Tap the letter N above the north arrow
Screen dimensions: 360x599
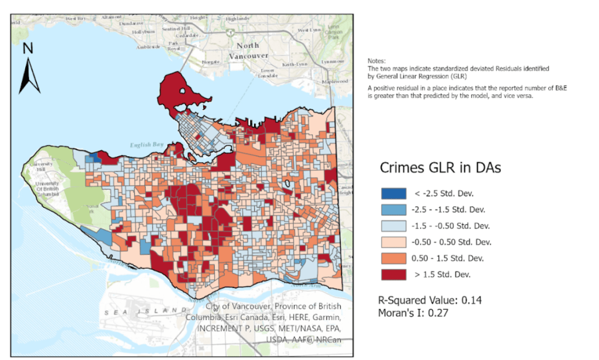point(28,49)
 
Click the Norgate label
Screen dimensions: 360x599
point(210,61)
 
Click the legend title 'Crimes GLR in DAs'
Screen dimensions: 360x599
point(440,167)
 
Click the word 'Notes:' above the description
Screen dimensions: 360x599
point(376,61)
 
